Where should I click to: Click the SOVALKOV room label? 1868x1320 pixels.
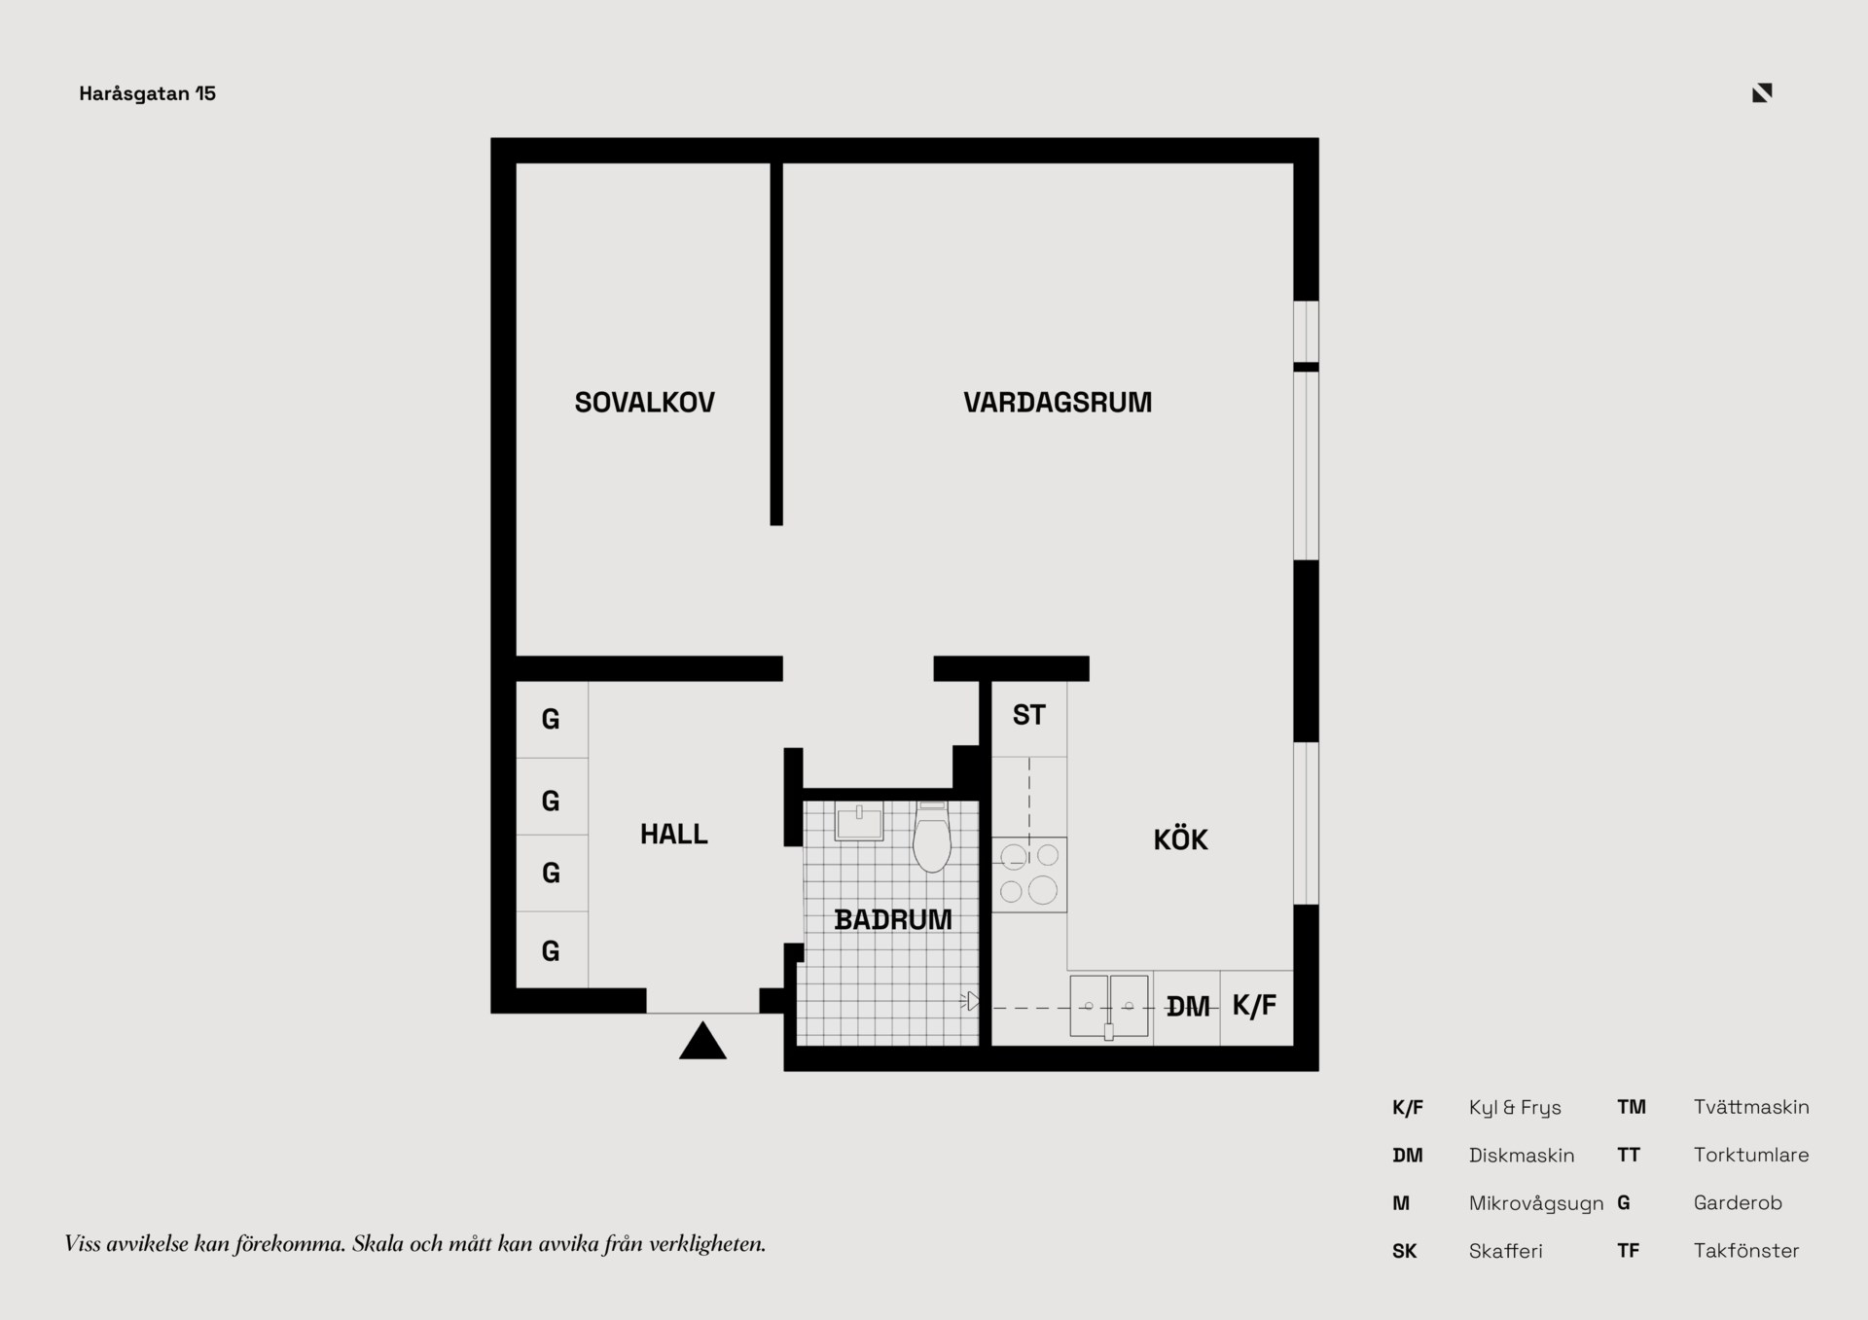[x=644, y=402]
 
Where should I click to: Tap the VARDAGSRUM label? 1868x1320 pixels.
[x=1058, y=402]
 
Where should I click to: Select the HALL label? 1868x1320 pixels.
[x=673, y=834]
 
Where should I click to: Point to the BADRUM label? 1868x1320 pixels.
[x=893, y=919]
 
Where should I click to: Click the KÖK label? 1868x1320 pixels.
[x=1180, y=839]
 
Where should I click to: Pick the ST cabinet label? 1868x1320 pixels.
[x=1028, y=715]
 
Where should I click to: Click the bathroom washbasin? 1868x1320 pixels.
[x=859, y=822]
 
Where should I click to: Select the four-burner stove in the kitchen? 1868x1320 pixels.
[x=1029, y=874]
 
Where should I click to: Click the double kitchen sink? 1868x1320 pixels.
[x=1109, y=1006]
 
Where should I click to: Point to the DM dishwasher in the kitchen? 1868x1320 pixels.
[x=1187, y=1007]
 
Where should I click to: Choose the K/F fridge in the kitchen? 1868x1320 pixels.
[x=1256, y=1007]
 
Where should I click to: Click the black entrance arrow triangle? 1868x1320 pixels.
[x=702, y=1041]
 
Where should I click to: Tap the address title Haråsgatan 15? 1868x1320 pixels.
[x=148, y=93]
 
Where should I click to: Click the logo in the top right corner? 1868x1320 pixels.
[x=1762, y=92]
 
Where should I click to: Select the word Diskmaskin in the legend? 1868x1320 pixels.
[x=1522, y=1156]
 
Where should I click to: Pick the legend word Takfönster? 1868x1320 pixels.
[x=1746, y=1251]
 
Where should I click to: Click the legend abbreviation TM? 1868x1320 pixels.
[x=1632, y=1107]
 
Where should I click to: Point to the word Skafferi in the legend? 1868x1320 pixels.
[x=1506, y=1251]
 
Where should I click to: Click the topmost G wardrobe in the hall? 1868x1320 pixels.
[x=552, y=720]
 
